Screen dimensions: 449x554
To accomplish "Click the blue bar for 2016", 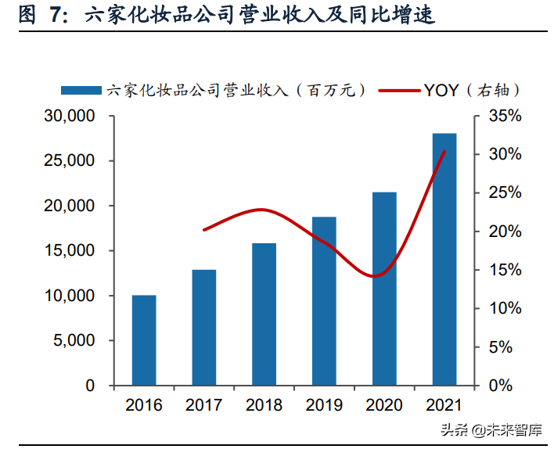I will tap(144, 340).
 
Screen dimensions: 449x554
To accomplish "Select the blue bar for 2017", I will tap(204, 328).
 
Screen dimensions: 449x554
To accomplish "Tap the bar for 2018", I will tap(264, 314).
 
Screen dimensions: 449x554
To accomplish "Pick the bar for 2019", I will tap(324, 301).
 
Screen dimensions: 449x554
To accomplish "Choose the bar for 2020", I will tap(384, 289).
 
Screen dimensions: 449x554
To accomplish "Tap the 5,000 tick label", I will tap(77, 341).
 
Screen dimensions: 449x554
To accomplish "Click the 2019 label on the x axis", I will tap(324, 405).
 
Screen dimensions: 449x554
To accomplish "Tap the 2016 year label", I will tap(144, 405).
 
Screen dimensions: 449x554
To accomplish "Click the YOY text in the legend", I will tap(443, 90).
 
